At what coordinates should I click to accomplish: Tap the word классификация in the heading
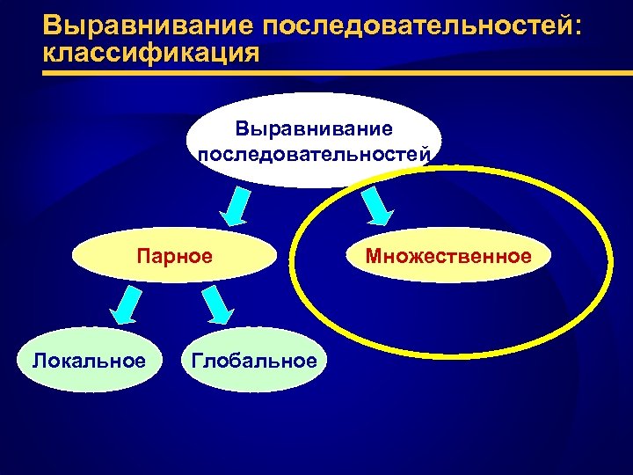click(x=150, y=53)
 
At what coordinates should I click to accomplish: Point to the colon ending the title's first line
click(x=577, y=28)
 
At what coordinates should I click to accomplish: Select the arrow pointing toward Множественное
click(x=376, y=206)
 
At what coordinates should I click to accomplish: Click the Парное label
click(x=174, y=257)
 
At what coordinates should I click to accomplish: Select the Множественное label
click(x=448, y=256)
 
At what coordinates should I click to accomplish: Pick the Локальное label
click(x=89, y=360)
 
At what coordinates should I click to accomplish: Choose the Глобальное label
click(x=253, y=360)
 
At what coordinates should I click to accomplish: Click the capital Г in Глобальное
click(x=196, y=360)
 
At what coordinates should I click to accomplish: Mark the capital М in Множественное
click(x=374, y=256)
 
